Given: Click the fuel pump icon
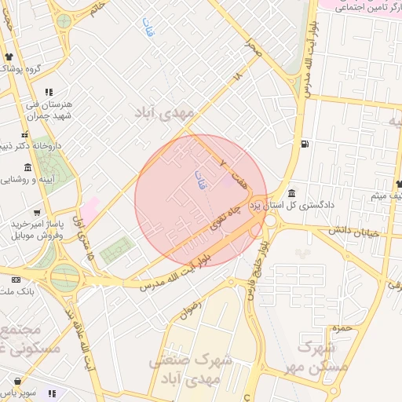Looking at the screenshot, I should [x=304, y=144].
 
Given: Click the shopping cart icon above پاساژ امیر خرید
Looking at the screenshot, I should [x=37, y=212].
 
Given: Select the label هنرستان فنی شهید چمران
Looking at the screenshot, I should [x=50, y=109].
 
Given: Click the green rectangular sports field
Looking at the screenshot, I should [x=117, y=250].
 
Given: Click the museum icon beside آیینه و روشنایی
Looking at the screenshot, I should [x=28, y=167].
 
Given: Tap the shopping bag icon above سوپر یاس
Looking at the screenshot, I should [x=52, y=393].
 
